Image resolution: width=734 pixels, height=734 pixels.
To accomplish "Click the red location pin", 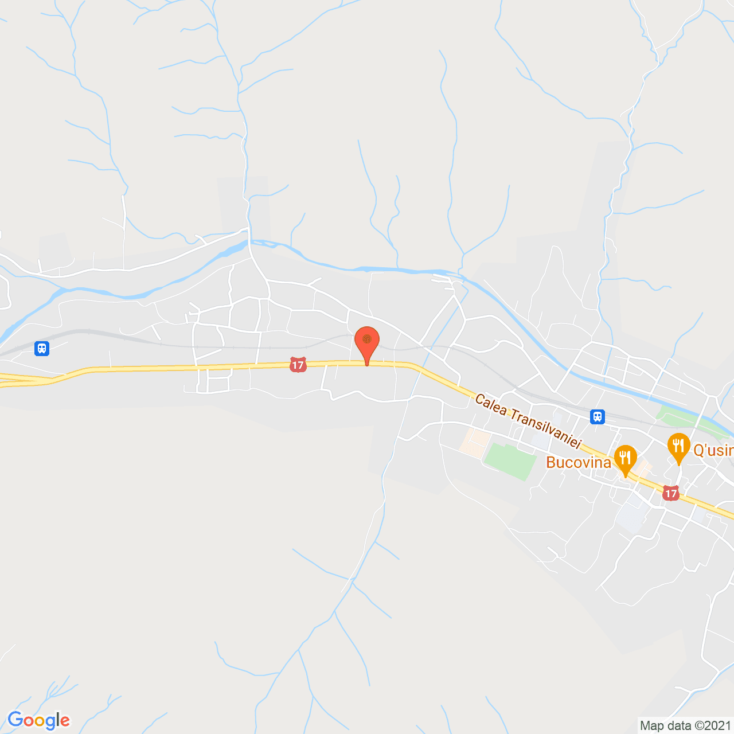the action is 367,342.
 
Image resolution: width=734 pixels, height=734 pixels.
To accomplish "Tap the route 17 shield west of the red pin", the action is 298,365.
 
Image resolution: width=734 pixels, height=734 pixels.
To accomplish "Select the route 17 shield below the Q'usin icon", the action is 671,493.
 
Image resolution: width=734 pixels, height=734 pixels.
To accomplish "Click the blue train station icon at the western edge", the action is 41,348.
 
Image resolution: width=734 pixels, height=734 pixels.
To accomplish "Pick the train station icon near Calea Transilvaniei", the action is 598,416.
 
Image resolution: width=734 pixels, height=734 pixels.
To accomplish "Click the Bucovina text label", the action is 578,463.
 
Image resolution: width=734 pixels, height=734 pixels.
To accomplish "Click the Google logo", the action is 38,720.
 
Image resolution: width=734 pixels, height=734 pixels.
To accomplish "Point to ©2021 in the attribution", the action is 713,726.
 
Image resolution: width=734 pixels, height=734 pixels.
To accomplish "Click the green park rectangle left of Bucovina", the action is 509,460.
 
